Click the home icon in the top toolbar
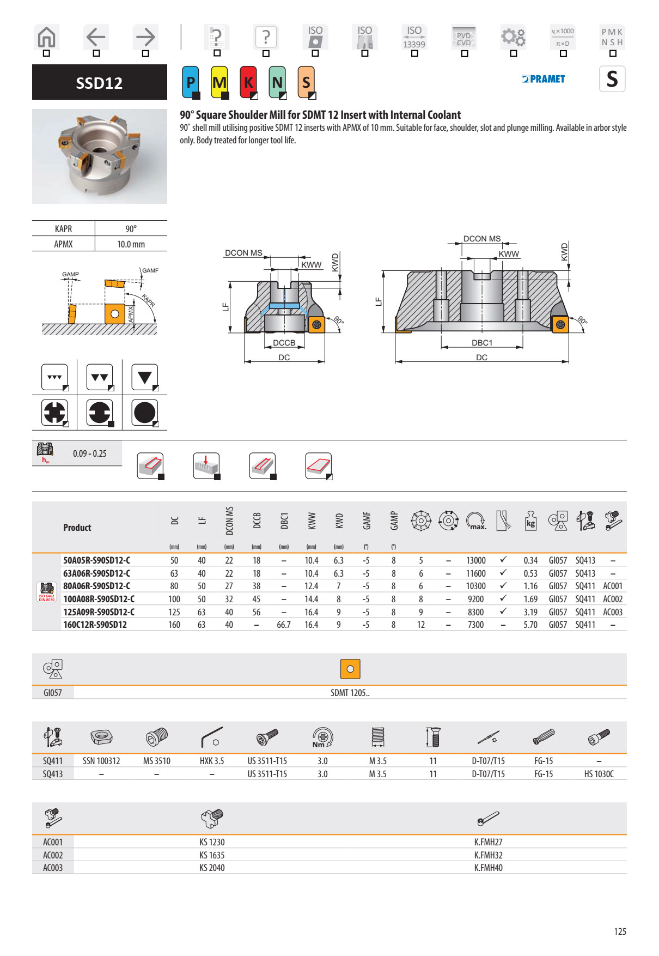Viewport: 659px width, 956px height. tap(47, 37)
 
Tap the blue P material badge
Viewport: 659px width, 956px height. tap(191, 82)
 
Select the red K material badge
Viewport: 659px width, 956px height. tap(248, 82)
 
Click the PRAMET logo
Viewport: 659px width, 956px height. tap(543, 79)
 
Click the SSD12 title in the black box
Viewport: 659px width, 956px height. tap(99, 83)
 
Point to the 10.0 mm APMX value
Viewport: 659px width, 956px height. tap(131, 244)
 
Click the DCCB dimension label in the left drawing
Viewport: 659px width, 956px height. tap(284, 343)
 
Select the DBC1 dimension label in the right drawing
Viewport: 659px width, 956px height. tap(481, 343)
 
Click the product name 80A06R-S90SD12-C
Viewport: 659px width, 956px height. tap(96, 586)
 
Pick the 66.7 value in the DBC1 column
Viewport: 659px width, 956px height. tap(283, 625)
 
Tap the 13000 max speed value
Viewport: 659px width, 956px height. tap(475, 560)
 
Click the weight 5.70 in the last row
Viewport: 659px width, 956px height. tap(530, 625)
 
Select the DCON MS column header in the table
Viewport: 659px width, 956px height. tap(229, 521)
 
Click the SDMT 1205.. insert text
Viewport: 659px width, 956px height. tap(350, 693)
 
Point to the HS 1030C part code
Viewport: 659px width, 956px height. tap(599, 774)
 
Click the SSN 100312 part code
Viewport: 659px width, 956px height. tap(101, 761)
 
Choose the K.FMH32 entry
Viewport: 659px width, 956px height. tap(488, 855)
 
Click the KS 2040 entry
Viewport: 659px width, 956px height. tap(212, 868)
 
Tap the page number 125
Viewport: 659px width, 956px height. tap(620, 931)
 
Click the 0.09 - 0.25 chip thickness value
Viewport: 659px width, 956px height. tap(90, 453)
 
